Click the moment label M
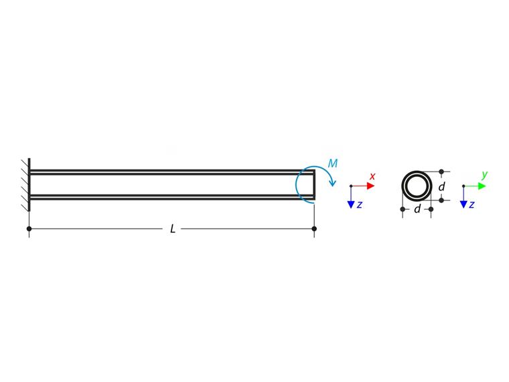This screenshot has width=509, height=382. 333,164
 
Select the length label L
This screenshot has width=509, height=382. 173,229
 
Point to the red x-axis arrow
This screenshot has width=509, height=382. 364,186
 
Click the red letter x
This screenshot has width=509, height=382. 372,176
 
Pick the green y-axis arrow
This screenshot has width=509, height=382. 476,186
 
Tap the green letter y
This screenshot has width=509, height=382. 484,176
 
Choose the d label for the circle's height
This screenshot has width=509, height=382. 442,187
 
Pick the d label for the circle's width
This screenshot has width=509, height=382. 417,210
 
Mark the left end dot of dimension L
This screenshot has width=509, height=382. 29,229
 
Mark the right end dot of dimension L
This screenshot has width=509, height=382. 315,229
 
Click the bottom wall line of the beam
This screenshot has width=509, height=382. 167,197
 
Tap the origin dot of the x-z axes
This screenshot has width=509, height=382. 351,186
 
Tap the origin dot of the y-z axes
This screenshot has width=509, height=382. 463,186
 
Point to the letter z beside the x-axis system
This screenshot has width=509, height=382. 360,204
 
